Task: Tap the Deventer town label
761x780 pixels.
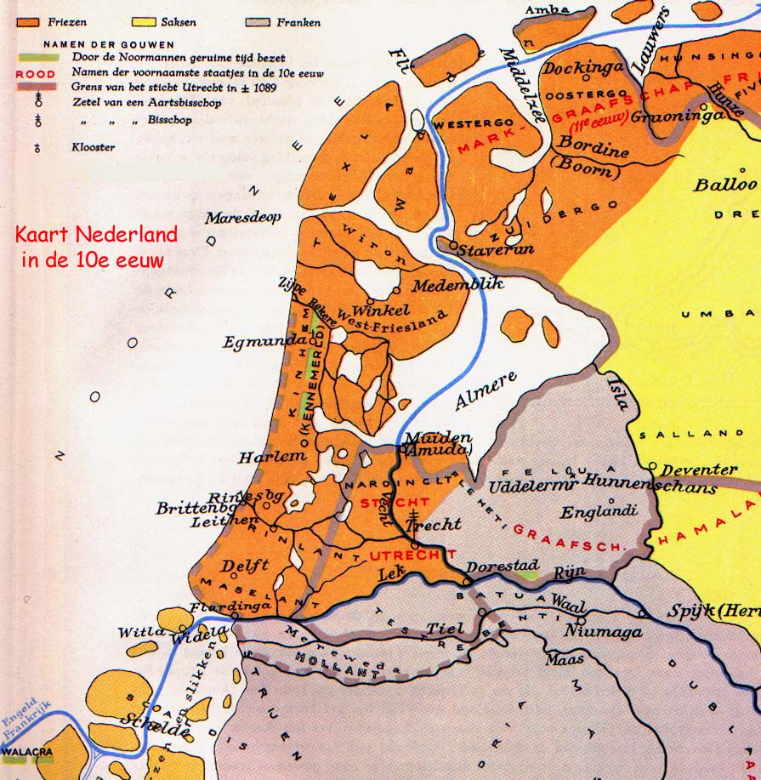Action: coord(699,469)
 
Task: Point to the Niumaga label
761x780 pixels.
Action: coord(597,631)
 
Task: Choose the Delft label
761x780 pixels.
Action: coord(245,565)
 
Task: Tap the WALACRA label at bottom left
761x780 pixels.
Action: coord(27,753)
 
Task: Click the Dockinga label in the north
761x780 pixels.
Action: coord(583,68)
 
